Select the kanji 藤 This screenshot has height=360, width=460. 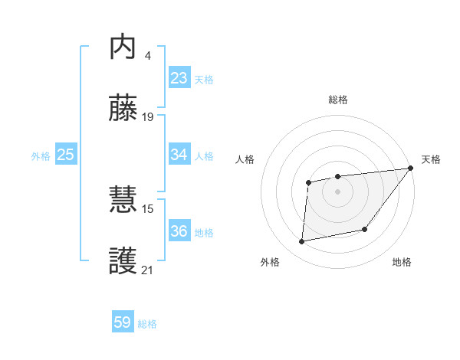point(123,108)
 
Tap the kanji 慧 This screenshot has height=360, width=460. point(123,201)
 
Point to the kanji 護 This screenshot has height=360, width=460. point(123,260)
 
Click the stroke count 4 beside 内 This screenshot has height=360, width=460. point(147,56)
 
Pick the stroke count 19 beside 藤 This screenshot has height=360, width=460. point(148,116)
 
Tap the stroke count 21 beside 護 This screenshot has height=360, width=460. point(148,270)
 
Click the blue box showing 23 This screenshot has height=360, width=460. point(179,78)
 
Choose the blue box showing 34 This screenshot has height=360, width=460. point(179,155)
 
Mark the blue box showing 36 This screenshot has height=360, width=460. point(179,231)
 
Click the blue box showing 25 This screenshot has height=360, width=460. point(66,155)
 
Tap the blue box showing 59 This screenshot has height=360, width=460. point(123,322)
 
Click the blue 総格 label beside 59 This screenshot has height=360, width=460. point(148,324)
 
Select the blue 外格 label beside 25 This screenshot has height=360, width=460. point(41,156)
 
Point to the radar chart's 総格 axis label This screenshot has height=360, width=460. point(338,100)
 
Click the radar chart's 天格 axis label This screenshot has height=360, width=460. point(431,159)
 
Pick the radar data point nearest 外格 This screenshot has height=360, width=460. point(302,242)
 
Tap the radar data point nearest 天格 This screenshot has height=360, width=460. point(411,169)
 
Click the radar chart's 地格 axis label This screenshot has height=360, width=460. point(402,263)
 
